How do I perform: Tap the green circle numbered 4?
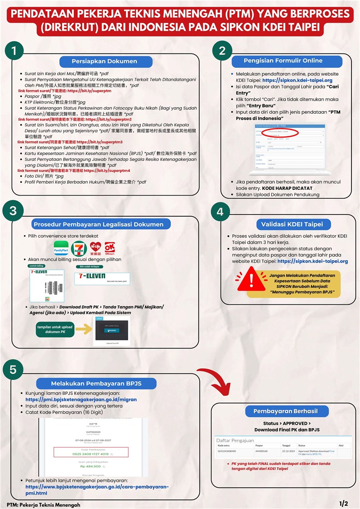(x=220, y=212)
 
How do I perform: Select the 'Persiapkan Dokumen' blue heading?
(x=104, y=61)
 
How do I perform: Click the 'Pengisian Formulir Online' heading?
(x=283, y=61)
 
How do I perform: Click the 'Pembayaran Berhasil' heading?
(x=285, y=411)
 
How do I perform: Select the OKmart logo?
(x=110, y=249)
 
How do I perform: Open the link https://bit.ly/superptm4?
(x=107, y=171)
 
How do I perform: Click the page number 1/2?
(x=344, y=503)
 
